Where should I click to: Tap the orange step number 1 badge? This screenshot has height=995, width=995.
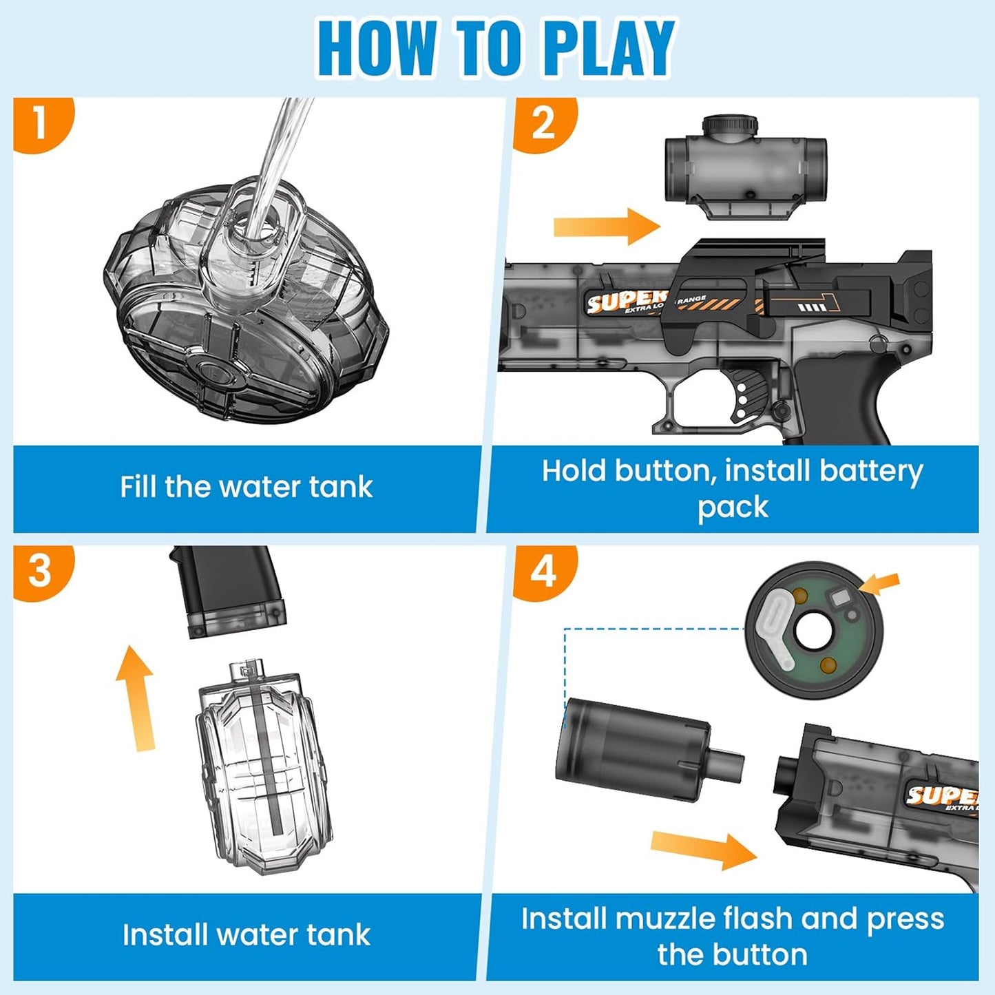pyautogui.click(x=40, y=124)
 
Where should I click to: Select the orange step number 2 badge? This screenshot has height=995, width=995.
pyautogui.click(x=543, y=124)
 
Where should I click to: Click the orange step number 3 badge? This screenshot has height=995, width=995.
pyautogui.click(x=40, y=572)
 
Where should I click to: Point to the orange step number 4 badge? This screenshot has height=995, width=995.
pyautogui.click(x=543, y=572)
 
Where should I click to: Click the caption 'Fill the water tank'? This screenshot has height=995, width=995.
pyautogui.click(x=246, y=487)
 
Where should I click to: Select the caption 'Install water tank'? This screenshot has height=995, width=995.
pyautogui.click(x=246, y=935)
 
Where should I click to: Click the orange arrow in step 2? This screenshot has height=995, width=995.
pyautogui.click(x=606, y=226)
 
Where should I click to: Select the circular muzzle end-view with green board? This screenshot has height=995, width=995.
pyautogui.click(x=813, y=630)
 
